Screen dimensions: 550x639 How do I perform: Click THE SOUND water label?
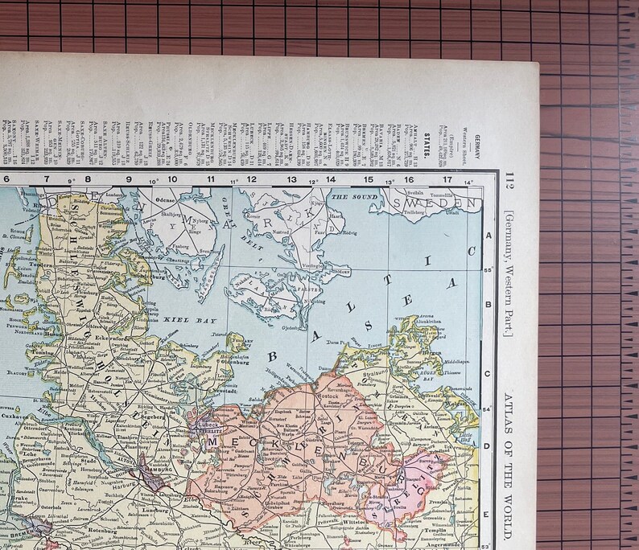pos(350,197)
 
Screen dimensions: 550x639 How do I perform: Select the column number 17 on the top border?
pos(447,179)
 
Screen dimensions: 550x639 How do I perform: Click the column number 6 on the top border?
pos(6,179)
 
